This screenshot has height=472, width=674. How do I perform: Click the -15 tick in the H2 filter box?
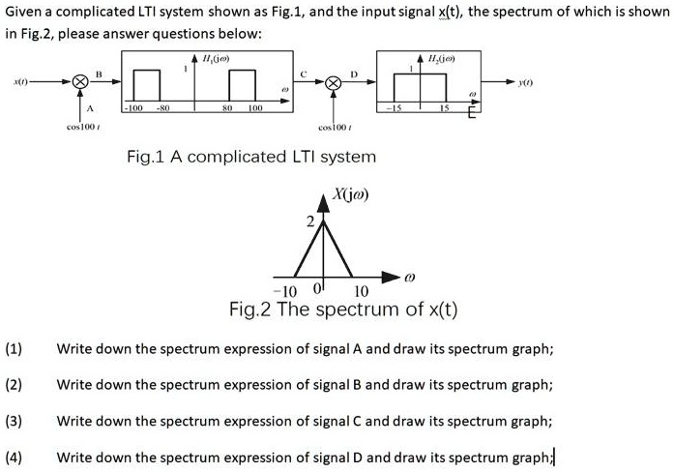pos(396,109)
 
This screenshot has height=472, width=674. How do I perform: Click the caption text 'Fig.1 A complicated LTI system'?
pos(252,156)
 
